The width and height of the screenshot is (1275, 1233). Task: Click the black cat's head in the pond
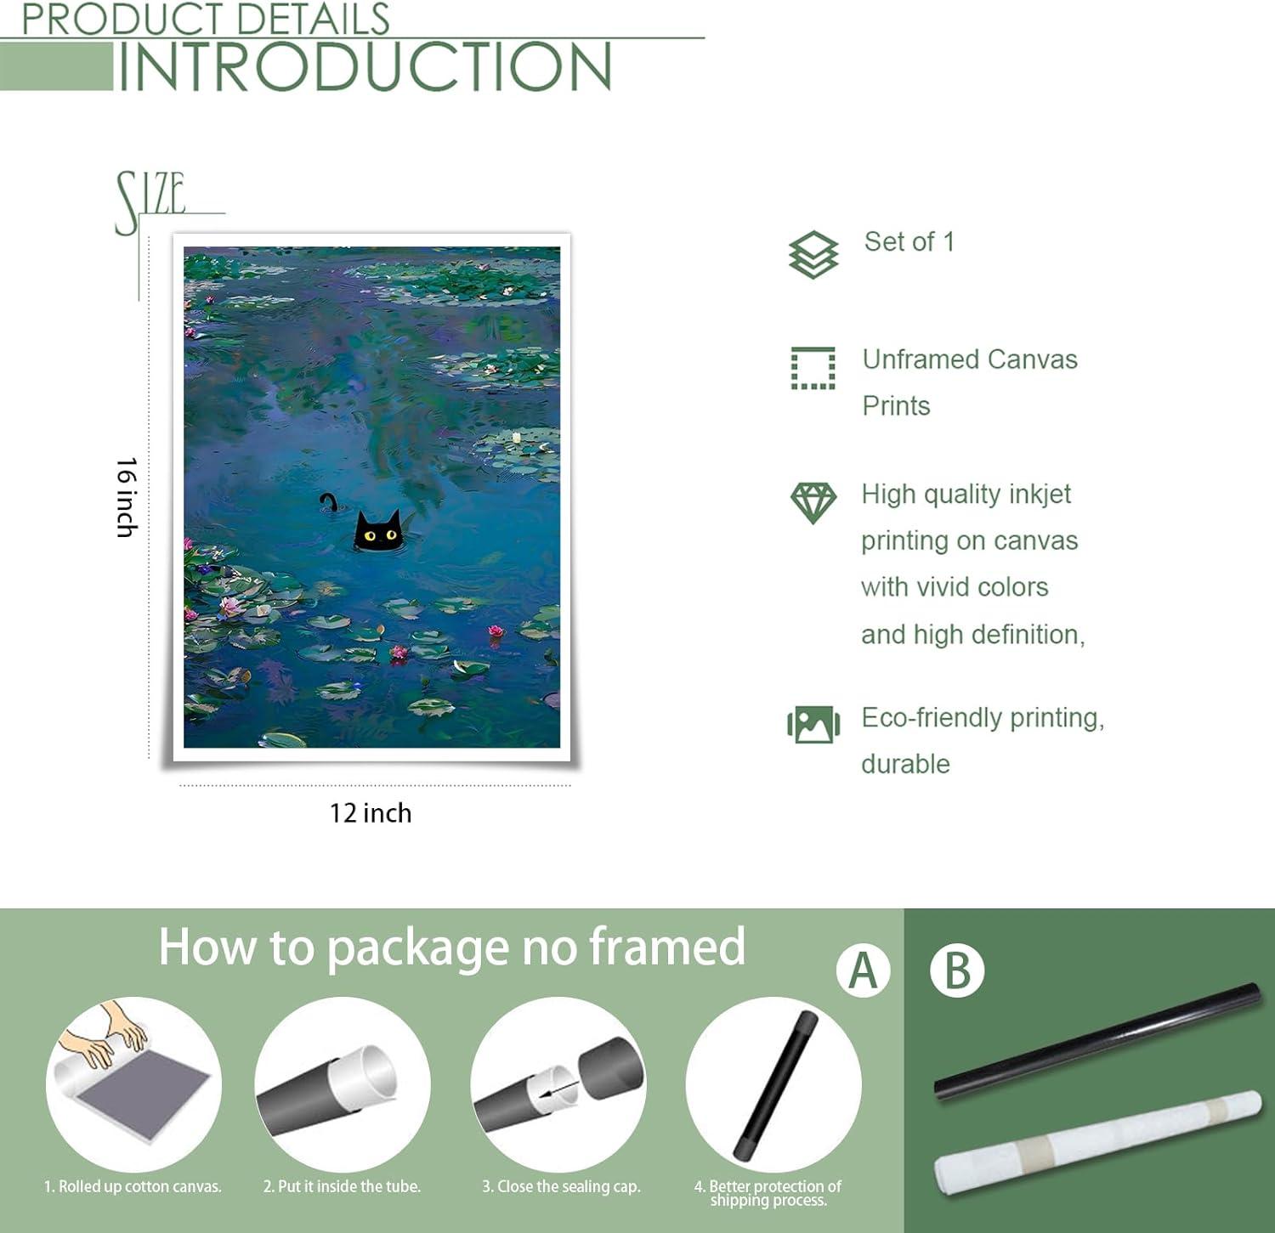[x=377, y=531]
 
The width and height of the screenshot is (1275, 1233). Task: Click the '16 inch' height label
[x=127, y=497]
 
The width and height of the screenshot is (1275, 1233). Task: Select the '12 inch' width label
[x=371, y=813]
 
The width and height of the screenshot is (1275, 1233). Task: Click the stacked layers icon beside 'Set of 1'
[x=813, y=254]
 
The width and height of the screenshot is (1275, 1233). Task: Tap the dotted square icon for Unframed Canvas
[x=813, y=368]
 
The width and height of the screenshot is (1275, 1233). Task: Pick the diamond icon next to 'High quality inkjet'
[x=813, y=502]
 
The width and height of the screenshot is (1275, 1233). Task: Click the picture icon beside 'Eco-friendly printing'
[x=813, y=724]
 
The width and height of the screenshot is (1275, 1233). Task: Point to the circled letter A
[x=863, y=970]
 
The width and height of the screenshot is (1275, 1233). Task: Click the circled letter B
[x=957, y=970]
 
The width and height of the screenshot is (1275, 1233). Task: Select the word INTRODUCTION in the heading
[x=365, y=66]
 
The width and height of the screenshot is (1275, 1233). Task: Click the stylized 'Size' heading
[x=151, y=201]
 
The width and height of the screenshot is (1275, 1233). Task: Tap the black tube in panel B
[x=1097, y=1040]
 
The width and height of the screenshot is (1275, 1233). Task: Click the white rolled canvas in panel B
[x=1098, y=1141]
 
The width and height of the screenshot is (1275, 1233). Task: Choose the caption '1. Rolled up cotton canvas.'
[x=133, y=1186]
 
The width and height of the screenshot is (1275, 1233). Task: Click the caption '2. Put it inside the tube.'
[x=342, y=1186]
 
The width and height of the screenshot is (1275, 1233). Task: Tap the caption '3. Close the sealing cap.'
[x=561, y=1186]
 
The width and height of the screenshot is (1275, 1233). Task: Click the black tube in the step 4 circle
[x=775, y=1085]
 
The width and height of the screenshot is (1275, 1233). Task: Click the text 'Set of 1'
[x=909, y=241]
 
